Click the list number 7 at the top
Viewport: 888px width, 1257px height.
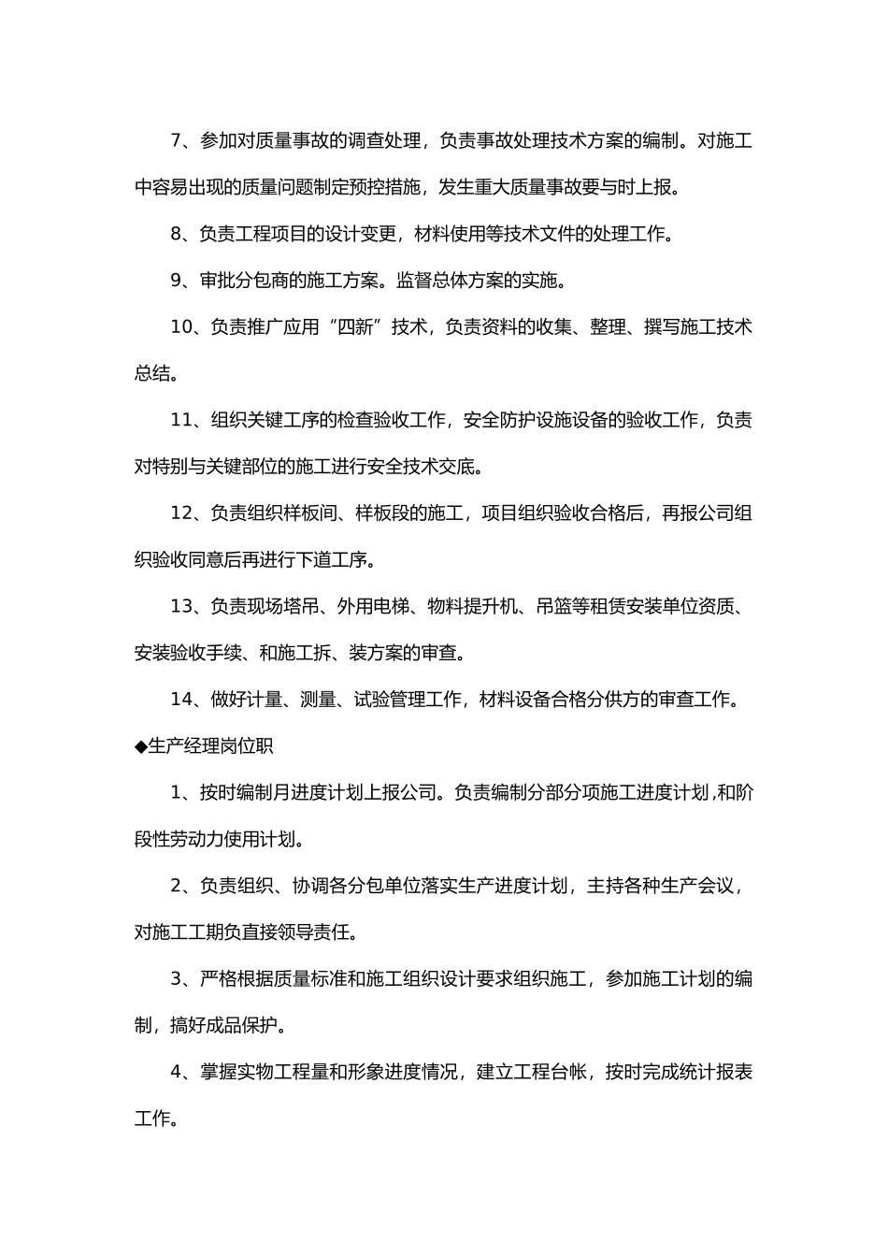click(x=178, y=141)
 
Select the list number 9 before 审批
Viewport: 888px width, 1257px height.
click(x=178, y=281)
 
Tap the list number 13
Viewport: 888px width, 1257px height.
click(x=181, y=607)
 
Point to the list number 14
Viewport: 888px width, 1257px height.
click(x=181, y=700)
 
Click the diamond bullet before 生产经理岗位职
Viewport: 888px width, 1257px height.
click(x=141, y=746)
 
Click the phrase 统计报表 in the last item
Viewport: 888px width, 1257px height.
click(x=716, y=1072)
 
